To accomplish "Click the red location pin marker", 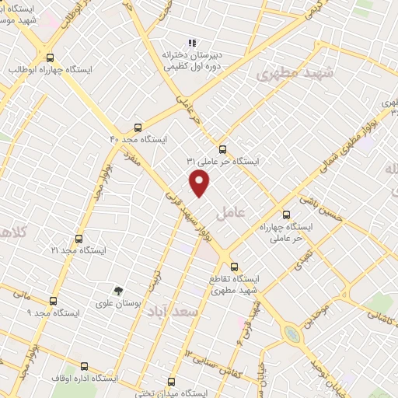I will (200, 183).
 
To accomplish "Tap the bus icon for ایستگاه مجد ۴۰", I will (138, 126).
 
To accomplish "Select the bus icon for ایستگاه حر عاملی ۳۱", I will (223, 149).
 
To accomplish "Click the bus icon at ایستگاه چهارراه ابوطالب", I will (51, 58).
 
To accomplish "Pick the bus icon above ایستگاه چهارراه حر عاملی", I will (286, 215).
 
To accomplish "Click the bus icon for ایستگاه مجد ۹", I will (53, 301).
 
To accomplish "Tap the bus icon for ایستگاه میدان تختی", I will (172, 382).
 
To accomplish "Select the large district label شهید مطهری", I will (281, 74).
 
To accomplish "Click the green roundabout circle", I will (292, 334).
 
